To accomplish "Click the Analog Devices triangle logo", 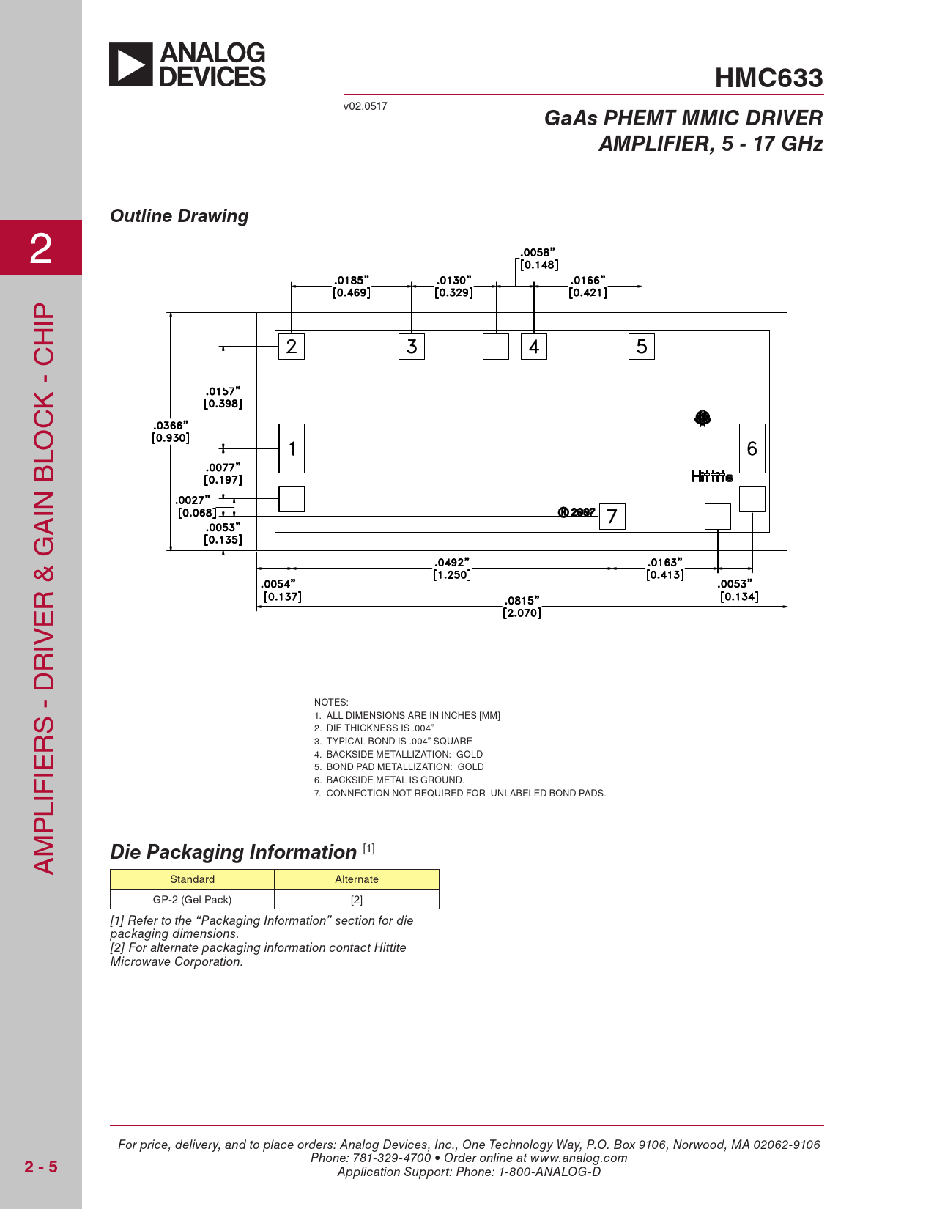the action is tap(130, 64).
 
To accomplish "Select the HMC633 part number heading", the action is tap(768, 78).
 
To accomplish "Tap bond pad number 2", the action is tap(292, 347).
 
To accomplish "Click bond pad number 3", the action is tap(412, 347).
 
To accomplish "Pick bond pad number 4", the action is tap(534, 347).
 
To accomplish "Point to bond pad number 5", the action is tap(642, 347).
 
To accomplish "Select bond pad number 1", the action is tap(292, 448).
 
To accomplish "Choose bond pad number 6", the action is tap(752, 448).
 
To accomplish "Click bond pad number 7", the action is tap(612, 517).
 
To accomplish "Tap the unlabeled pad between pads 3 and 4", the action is tap(496, 347).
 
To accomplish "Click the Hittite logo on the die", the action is tap(712, 476).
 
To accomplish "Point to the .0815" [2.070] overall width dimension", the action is tap(522, 607).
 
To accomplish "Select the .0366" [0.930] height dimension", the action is tap(171, 432).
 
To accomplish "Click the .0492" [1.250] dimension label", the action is tap(452, 569).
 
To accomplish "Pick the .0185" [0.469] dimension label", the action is tap(352, 286).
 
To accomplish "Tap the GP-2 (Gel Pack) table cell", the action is tap(193, 900).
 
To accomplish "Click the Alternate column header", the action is tap(357, 879).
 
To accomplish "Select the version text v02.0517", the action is tap(365, 106).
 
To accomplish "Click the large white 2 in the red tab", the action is tap(41, 248).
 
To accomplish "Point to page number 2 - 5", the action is tap(40, 1167).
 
